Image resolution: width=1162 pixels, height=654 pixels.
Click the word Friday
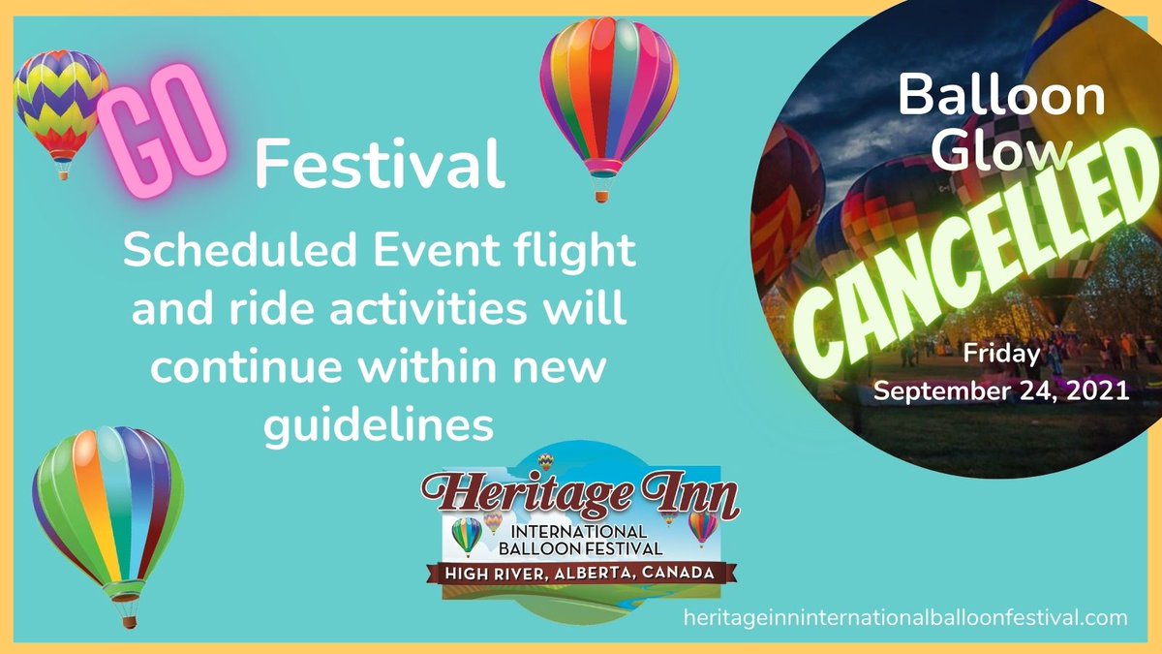pos(1002,355)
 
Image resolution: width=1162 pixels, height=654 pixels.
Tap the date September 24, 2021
pos(1002,391)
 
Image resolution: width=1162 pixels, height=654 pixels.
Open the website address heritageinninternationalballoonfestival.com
pos(904,616)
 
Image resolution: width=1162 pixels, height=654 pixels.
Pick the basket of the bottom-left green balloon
pos(127,613)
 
